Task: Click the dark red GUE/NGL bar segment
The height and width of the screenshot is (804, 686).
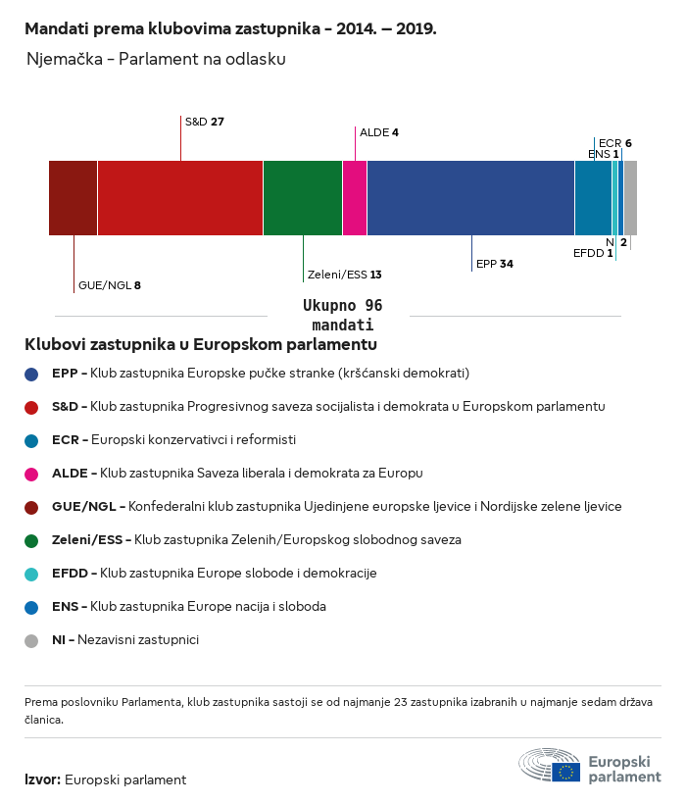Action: tap(73, 198)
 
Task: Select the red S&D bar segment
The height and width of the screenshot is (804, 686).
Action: tap(180, 198)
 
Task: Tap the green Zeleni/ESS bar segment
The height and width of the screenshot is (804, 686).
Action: tap(303, 198)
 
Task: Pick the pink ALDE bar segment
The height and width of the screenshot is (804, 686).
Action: tap(355, 198)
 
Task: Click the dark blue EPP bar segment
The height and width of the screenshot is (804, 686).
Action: tap(470, 198)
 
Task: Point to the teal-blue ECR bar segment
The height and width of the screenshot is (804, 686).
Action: tap(593, 198)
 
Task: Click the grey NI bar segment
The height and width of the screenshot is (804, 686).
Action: tap(630, 198)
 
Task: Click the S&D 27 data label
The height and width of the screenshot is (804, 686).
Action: tap(205, 122)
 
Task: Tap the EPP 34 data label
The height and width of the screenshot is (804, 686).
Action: tap(494, 264)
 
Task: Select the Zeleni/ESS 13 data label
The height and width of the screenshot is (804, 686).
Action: tap(345, 275)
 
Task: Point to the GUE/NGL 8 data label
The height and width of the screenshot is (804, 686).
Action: tap(109, 285)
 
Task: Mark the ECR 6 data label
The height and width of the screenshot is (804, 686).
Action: tap(614, 143)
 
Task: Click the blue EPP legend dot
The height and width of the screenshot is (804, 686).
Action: tap(32, 374)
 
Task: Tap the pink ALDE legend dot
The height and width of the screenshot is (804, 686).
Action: tap(32, 474)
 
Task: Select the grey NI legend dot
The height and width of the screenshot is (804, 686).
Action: tap(32, 640)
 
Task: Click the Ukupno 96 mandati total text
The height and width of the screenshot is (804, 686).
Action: tap(342, 315)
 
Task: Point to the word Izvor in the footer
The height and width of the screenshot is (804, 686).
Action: tap(42, 780)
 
